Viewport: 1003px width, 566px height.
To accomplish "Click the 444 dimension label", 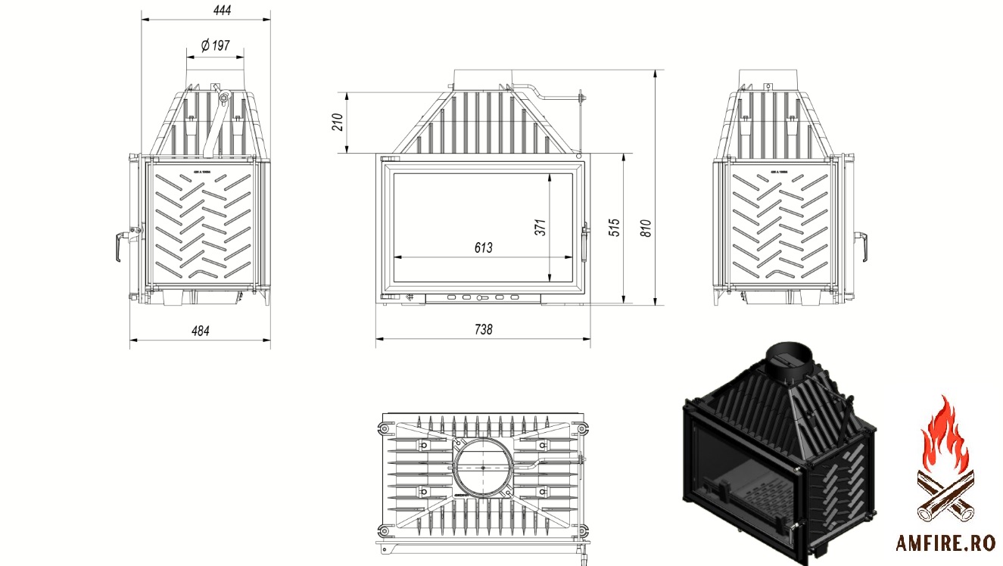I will tap(222, 10).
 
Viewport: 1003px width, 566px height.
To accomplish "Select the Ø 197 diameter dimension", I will tap(215, 46).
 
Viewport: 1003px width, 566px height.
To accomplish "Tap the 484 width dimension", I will tap(199, 331).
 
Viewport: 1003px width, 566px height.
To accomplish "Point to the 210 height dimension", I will tap(338, 122).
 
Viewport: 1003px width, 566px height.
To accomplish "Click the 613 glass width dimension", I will tap(483, 247).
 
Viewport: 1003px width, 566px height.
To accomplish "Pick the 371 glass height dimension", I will tap(540, 227).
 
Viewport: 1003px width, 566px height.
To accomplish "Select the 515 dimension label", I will tap(615, 227).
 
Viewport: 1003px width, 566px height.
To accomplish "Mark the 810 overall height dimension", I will tap(646, 227).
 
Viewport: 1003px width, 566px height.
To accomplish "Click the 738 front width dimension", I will tap(483, 329).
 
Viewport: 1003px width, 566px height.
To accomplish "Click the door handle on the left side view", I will tap(118, 247).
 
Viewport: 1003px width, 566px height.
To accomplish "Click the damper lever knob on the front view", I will tap(581, 97).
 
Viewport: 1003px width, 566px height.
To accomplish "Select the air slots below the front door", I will tap(483, 297).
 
